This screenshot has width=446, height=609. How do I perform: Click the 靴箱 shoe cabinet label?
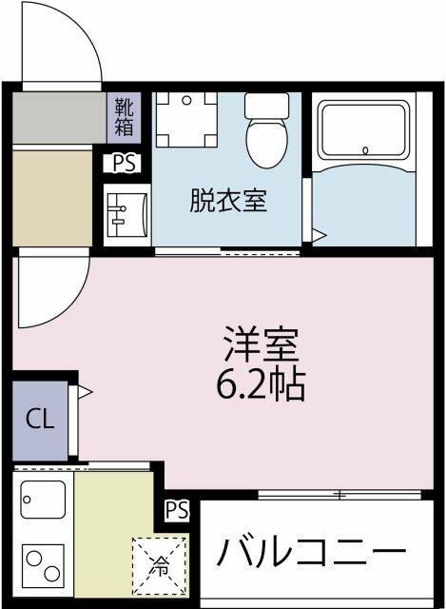[125, 114]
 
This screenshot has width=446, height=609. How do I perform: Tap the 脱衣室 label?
[228, 201]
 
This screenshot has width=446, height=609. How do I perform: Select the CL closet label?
[39, 419]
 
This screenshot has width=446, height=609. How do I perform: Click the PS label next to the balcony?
[177, 511]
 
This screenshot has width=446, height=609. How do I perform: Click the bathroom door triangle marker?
[320, 234]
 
